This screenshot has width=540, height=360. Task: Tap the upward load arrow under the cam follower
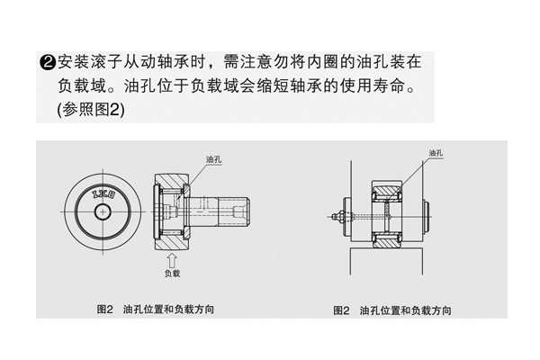click(x=172, y=260)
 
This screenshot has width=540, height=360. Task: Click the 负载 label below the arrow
click(x=172, y=274)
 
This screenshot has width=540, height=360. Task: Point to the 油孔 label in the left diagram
click(x=213, y=159)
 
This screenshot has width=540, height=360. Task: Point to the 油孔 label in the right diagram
click(x=436, y=153)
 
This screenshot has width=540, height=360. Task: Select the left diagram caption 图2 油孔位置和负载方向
click(x=156, y=310)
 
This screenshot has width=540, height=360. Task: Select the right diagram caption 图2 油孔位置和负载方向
click(x=391, y=310)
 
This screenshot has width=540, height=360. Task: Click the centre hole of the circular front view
click(x=103, y=211)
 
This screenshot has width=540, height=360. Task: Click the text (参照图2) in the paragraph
click(x=91, y=110)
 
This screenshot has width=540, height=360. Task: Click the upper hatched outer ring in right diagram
click(x=387, y=189)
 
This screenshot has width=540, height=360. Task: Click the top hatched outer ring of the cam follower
click(x=171, y=181)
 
